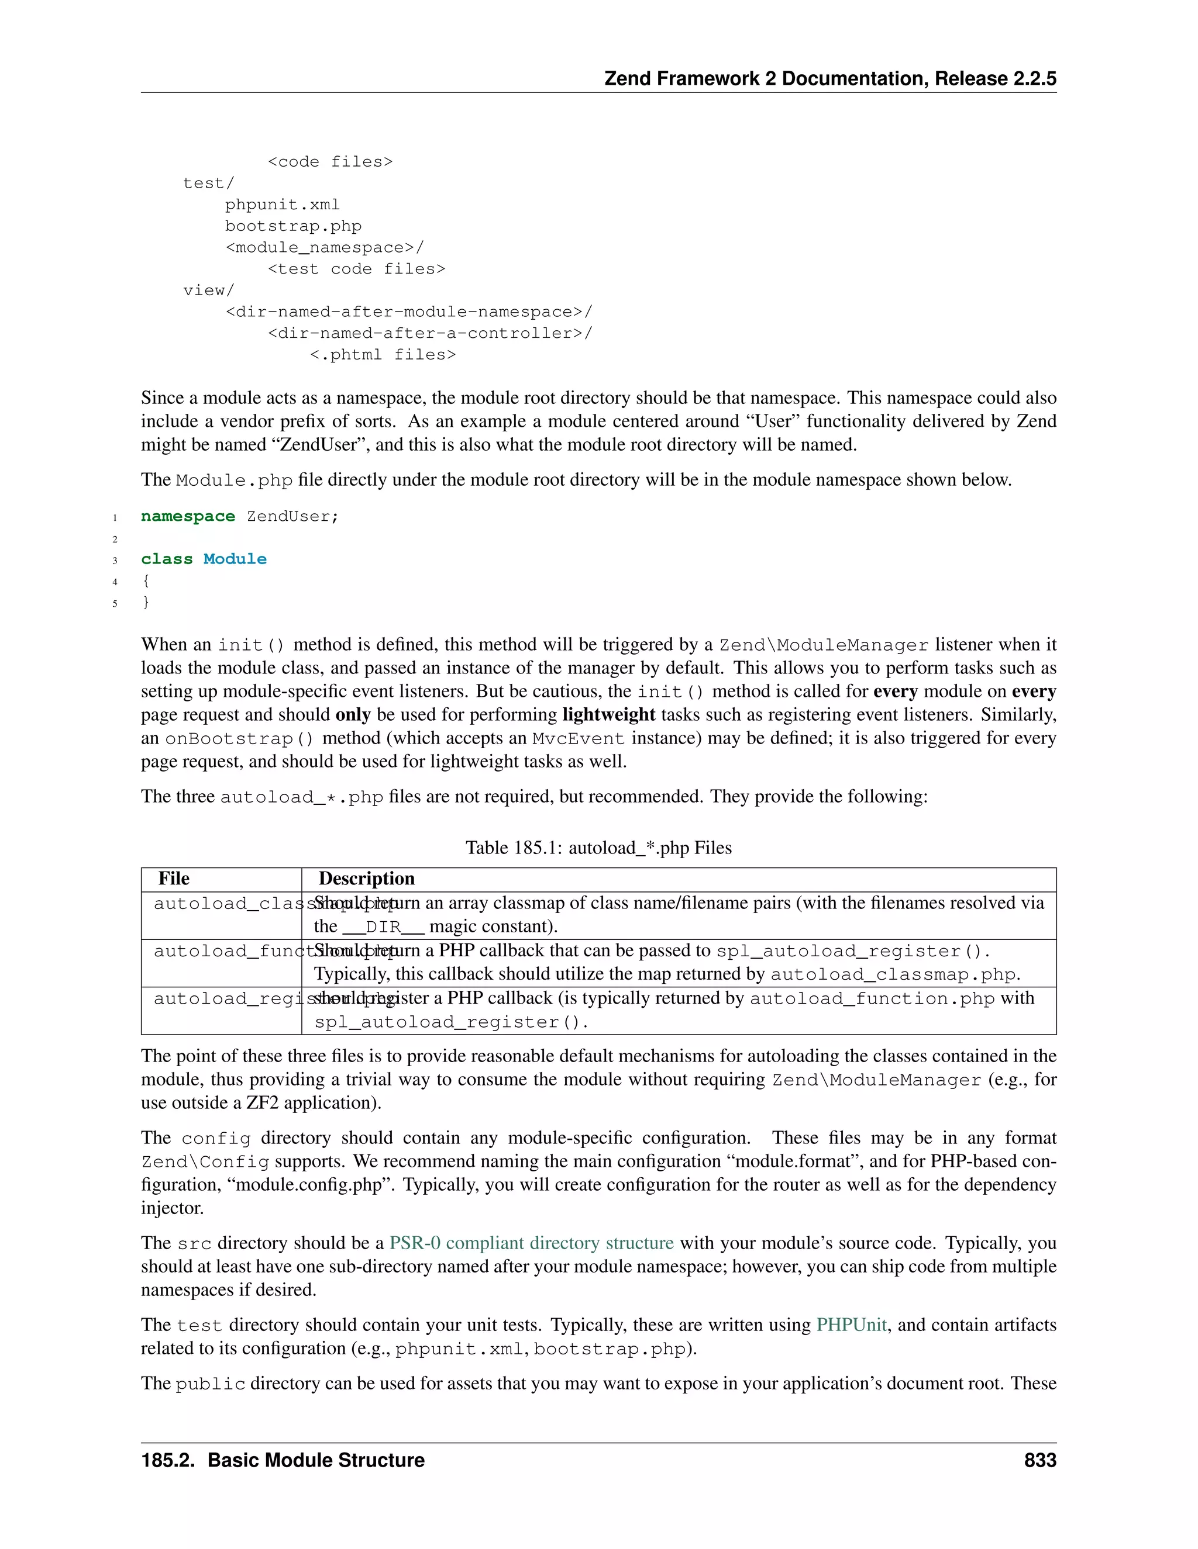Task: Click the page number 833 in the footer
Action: [x=1039, y=1460]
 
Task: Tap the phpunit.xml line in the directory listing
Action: [x=283, y=205]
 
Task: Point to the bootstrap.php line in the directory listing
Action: [x=293, y=226]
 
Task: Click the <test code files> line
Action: [x=356, y=269]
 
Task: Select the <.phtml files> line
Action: [x=383, y=355]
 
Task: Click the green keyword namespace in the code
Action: [x=187, y=516]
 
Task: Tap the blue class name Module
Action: [x=235, y=559]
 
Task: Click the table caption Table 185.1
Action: [x=598, y=848]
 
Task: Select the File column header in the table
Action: [x=174, y=879]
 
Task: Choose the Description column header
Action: [x=366, y=879]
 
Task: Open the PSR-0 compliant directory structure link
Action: [x=532, y=1243]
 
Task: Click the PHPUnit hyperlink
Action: [x=852, y=1325]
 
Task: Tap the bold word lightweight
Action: [x=609, y=714]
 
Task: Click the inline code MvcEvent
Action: [x=579, y=738]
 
